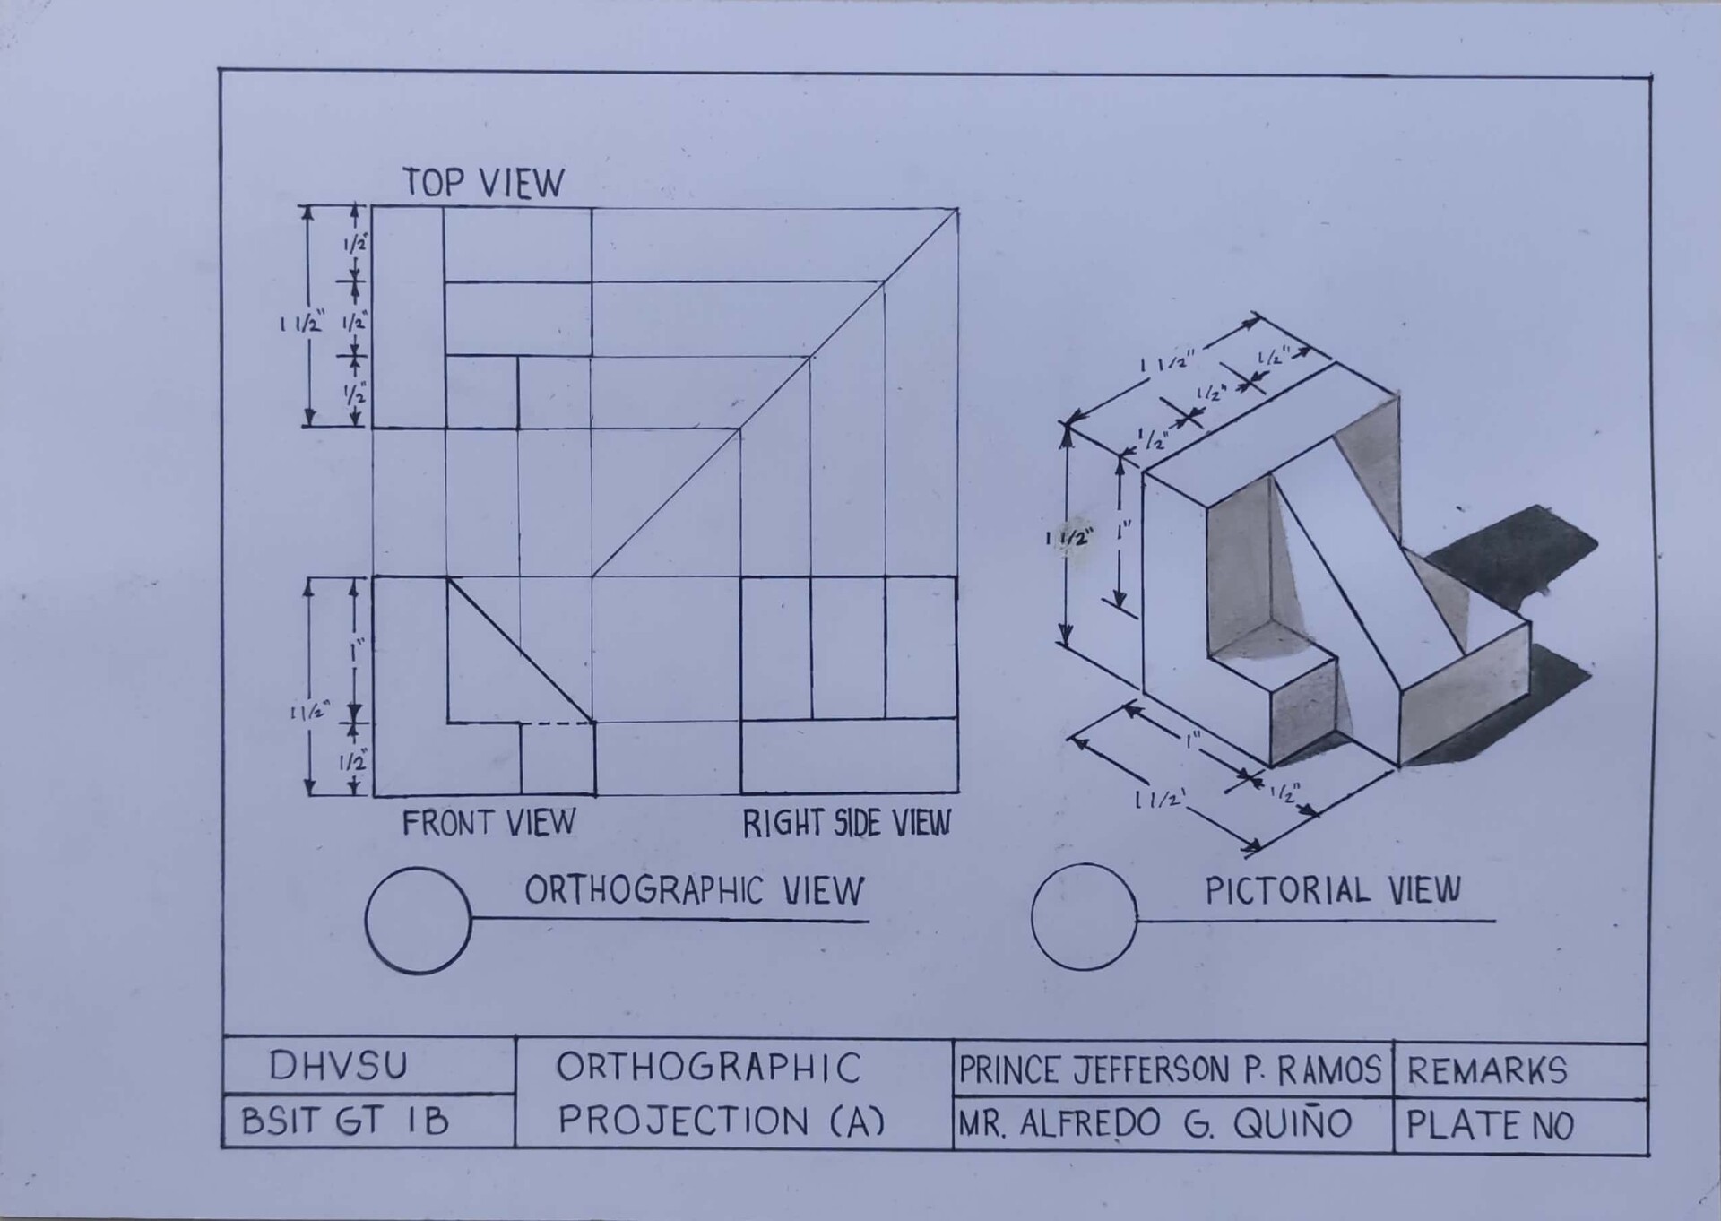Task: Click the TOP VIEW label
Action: click(x=483, y=182)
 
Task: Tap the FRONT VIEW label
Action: click(x=489, y=822)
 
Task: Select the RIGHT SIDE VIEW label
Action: click(x=846, y=823)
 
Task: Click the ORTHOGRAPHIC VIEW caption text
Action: click(x=694, y=890)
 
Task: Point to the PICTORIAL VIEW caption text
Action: click(x=1333, y=890)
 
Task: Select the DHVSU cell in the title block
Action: click(x=338, y=1066)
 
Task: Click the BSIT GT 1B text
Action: click(x=345, y=1121)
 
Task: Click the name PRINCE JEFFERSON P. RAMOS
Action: click(x=1170, y=1069)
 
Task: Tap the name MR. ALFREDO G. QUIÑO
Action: click(x=1155, y=1123)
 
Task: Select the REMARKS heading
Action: click(x=1487, y=1070)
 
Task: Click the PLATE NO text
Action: click(x=1489, y=1125)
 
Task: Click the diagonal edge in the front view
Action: click(x=520, y=649)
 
